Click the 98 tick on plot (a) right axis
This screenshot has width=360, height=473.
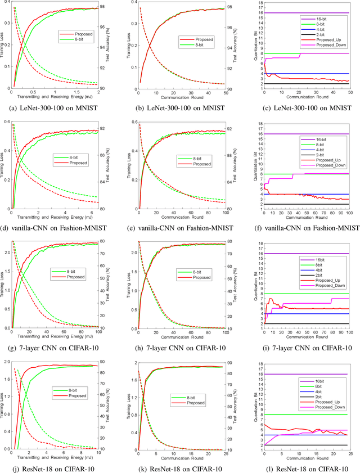point(106,7)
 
